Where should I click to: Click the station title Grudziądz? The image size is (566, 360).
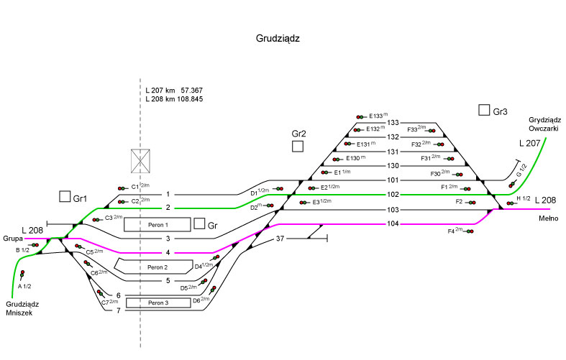click(278, 39)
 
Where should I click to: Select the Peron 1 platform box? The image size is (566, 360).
click(158, 224)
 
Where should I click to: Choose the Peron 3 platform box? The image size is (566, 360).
click(158, 303)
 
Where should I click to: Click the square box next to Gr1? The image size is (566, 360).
click(65, 196)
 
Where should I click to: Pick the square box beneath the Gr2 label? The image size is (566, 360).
click(298, 147)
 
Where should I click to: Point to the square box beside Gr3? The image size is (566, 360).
click(484, 110)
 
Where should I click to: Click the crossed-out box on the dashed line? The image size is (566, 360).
click(140, 161)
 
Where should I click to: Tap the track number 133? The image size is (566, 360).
click(393, 123)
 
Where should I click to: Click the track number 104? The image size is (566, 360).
click(393, 224)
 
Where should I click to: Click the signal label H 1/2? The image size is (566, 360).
click(524, 198)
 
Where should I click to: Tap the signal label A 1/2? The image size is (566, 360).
click(24, 286)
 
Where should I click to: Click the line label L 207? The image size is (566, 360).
click(529, 144)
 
